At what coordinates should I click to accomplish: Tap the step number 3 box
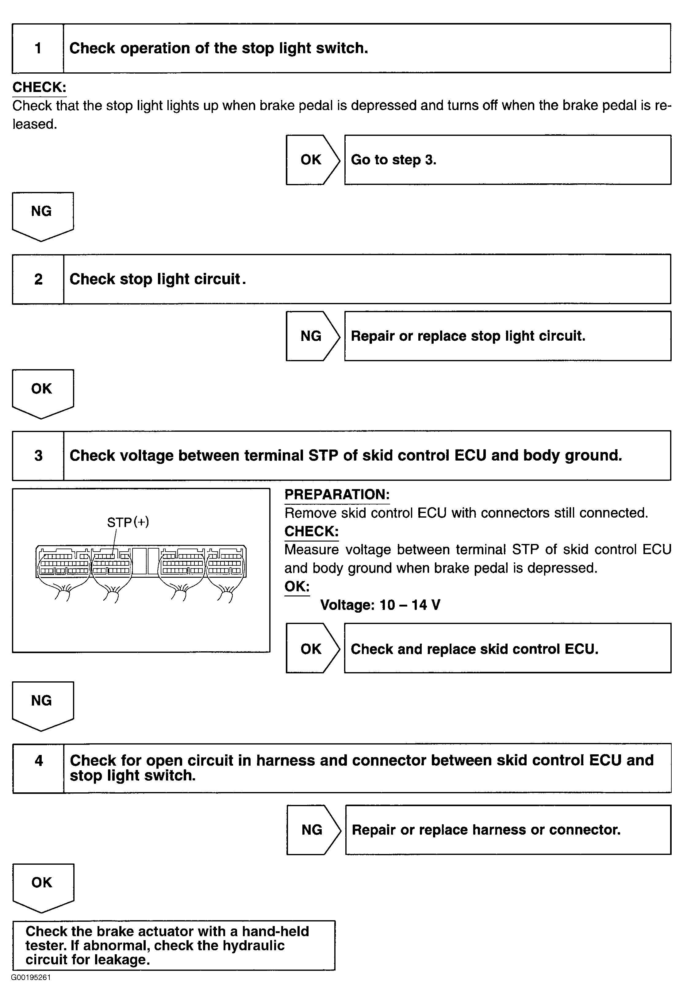[38, 456]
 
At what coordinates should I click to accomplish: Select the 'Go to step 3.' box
[507, 160]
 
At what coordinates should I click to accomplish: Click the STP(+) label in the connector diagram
[128, 522]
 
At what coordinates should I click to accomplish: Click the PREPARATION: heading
[337, 495]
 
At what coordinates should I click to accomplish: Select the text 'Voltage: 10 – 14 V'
[380, 605]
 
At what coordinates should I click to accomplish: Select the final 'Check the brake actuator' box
[174, 945]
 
